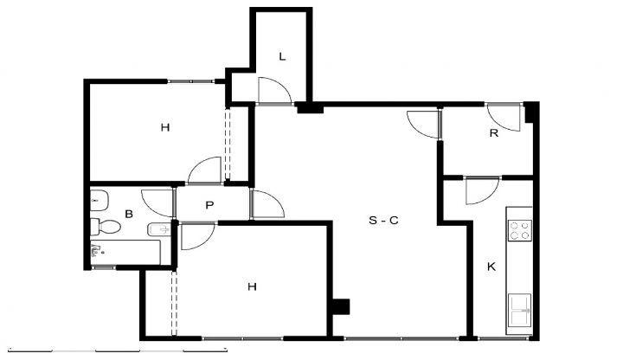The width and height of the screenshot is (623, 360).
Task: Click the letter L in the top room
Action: pyautogui.click(x=282, y=56)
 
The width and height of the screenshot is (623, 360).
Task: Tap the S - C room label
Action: pyautogui.click(x=383, y=220)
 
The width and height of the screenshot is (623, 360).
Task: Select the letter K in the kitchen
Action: pyautogui.click(x=491, y=267)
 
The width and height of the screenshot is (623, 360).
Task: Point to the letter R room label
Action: pyautogui.click(x=494, y=133)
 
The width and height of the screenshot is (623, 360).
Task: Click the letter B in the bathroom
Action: pyautogui.click(x=129, y=214)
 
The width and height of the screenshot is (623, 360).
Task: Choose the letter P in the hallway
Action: pyautogui.click(x=209, y=205)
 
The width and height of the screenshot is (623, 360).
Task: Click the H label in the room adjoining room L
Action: pyautogui.click(x=165, y=127)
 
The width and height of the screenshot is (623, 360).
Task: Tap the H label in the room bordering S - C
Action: pyautogui.click(x=252, y=286)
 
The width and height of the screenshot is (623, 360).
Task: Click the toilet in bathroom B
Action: pyautogui.click(x=106, y=227)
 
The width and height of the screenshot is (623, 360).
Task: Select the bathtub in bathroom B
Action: pyautogui.click(x=125, y=252)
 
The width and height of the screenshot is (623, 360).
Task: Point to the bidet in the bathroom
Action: pyautogui.click(x=159, y=229)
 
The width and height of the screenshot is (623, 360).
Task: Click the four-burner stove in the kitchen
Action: pyautogui.click(x=520, y=230)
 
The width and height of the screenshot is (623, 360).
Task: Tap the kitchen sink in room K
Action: pyautogui.click(x=520, y=310)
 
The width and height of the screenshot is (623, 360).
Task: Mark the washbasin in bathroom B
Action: pyautogui.click(x=99, y=201)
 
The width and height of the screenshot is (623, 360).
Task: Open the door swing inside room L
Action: pyautogui.click(x=274, y=90)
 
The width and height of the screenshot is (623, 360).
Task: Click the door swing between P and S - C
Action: pyautogui.click(x=268, y=204)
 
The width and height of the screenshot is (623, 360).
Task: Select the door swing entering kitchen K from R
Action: pyautogui.click(x=482, y=190)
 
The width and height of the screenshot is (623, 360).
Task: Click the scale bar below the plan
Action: pyautogui.click(x=118, y=350)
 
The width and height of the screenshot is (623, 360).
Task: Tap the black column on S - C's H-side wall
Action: pyautogui.click(x=341, y=306)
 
